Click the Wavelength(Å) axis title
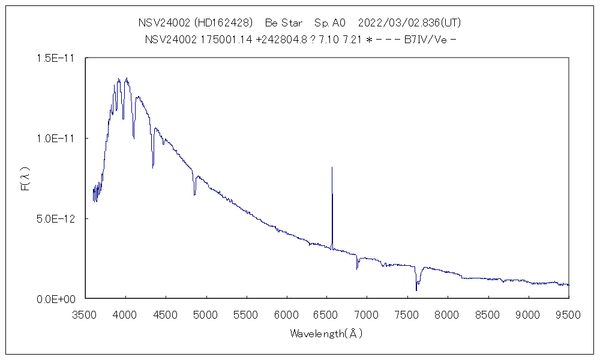coord(326,334)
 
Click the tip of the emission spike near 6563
coord(332,167)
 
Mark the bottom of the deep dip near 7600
coord(416,290)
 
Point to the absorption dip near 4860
coord(194,194)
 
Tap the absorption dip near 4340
coord(153,167)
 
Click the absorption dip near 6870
coord(357,268)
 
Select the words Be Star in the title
coord(284,23)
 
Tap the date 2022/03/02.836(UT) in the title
coord(409,23)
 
